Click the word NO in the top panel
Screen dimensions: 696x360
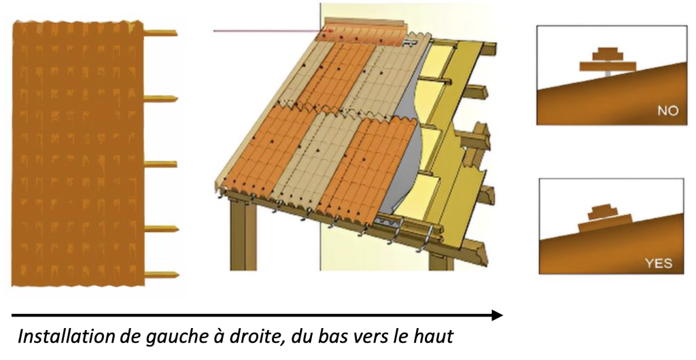668,111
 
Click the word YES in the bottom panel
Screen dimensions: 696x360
659,264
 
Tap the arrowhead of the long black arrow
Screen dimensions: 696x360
498,315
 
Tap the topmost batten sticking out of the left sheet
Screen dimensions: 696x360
160,33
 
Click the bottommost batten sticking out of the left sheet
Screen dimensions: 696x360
162,275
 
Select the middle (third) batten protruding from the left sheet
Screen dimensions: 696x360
160,164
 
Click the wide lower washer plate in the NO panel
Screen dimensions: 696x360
608,66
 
